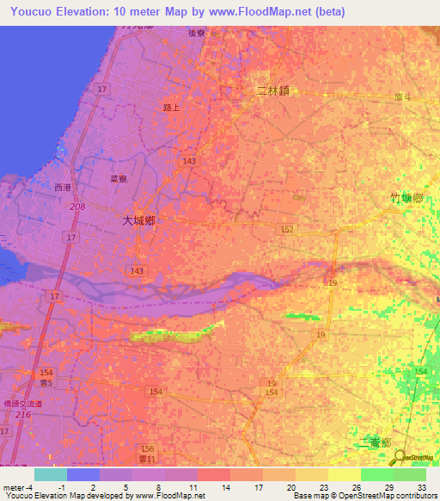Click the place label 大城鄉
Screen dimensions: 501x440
tap(137, 220)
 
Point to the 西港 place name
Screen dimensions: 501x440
tap(63, 187)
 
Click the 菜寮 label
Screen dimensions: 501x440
tap(119, 180)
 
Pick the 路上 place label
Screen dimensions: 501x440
tap(172, 107)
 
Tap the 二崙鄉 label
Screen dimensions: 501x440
tap(373, 442)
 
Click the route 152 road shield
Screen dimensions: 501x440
tap(287, 229)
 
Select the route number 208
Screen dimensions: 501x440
tap(79, 207)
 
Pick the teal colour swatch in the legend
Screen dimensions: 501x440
tap(51, 474)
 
